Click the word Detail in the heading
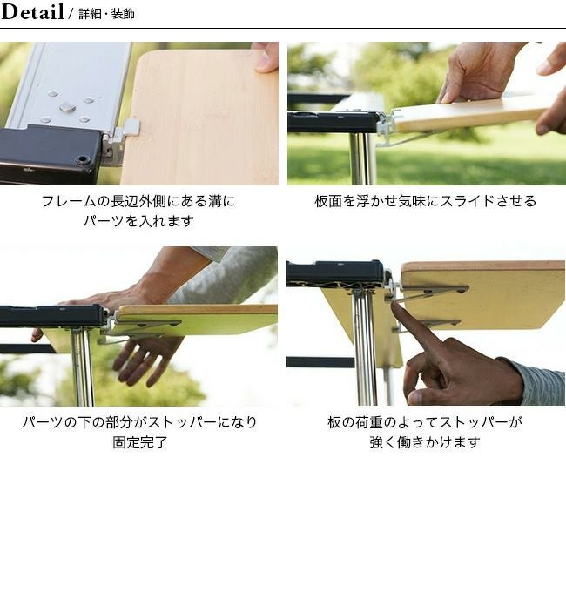pyautogui.click(x=32, y=11)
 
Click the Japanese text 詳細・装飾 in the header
pyautogui.click(x=106, y=14)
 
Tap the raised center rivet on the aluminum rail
pyautogui.click(x=68, y=108)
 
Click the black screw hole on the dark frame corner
pyautogui.click(x=82, y=159)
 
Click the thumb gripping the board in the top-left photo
pyautogui.click(x=266, y=57)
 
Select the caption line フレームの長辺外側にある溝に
pyautogui.click(x=138, y=201)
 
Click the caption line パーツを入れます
pyautogui.click(x=138, y=220)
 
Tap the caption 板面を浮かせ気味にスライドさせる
pyautogui.click(x=426, y=201)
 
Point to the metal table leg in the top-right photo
pyautogui.click(x=360, y=158)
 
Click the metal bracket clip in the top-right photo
pyautogui.click(x=387, y=126)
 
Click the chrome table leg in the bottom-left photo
pyautogui.click(x=83, y=367)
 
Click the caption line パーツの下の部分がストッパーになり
pyautogui.click(x=139, y=422)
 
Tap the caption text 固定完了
pyautogui.click(x=139, y=442)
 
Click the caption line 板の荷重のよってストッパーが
pyautogui.click(x=425, y=422)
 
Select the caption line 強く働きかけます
pyautogui.click(x=425, y=442)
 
